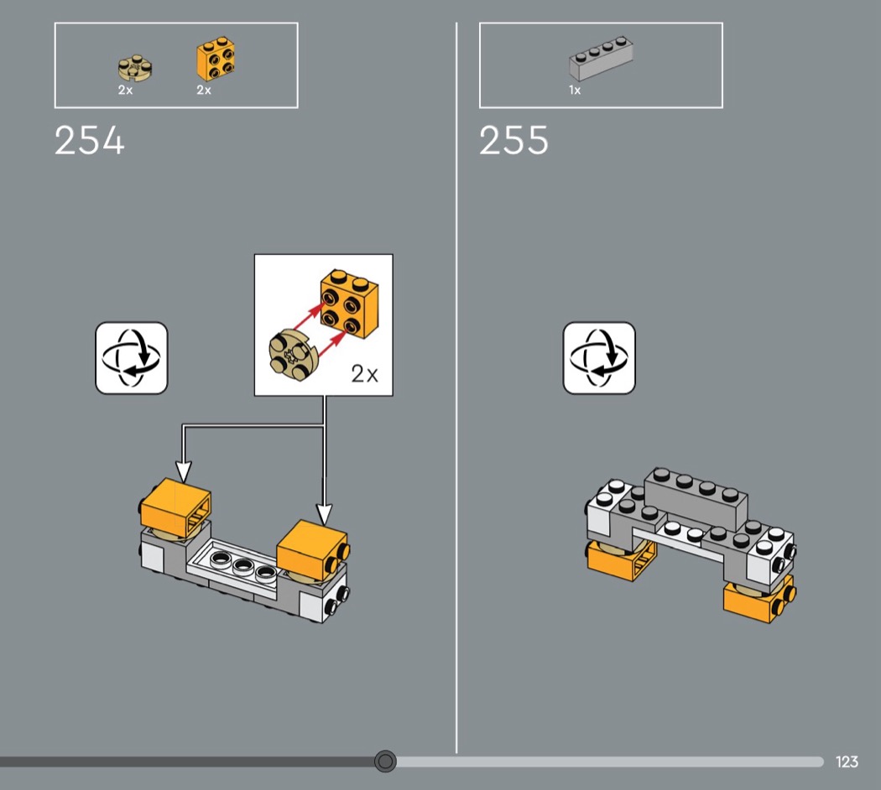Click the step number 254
tap(89, 140)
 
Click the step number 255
tap(513, 140)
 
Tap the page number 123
tap(847, 762)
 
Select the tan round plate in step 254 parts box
tap(135, 68)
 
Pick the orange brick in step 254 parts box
tap(216, 59)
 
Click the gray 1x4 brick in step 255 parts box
tap(602, 58)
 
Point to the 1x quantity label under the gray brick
tap(575, 90)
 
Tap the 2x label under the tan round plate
tap(125, 90)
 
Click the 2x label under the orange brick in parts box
tap(204, 90)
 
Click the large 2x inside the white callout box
tap(365, 373)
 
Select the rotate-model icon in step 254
tap(132, 357)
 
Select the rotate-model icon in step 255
tap(599, 357)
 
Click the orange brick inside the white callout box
tap(350, 304)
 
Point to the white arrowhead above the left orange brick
tap(184, 471)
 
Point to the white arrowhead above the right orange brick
tap(324, 515)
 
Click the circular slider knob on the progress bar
tap(385, 761)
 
